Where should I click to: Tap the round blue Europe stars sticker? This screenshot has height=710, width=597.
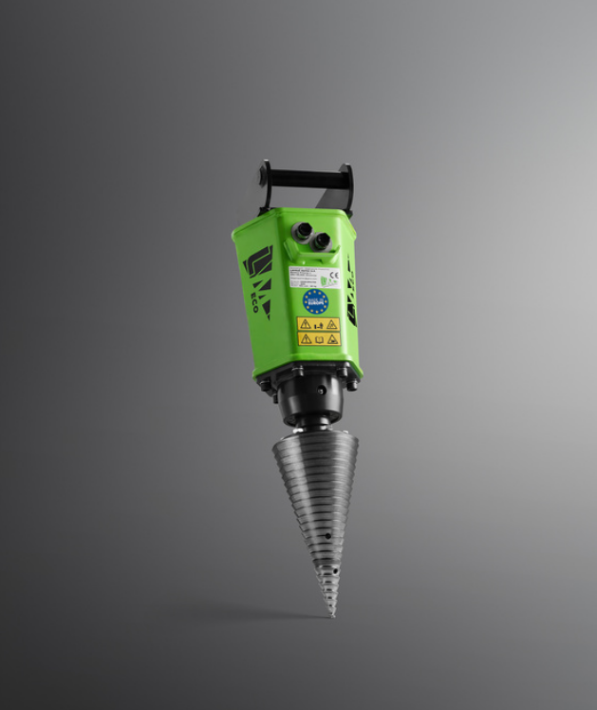coord(315,302)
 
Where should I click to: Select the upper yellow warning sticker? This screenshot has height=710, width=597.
coord(319,324)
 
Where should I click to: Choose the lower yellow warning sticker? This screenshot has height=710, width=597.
coord(318,338)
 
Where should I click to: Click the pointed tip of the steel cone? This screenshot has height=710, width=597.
coord(332,613)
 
